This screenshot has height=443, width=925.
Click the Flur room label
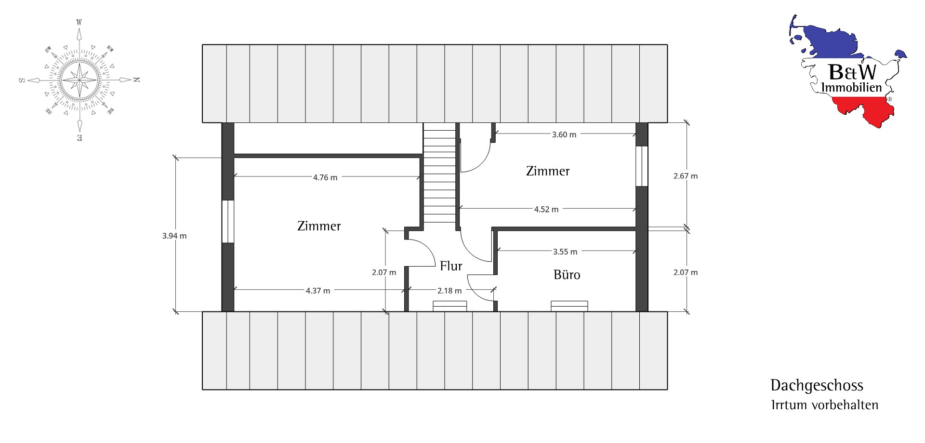click(x=451, y=266)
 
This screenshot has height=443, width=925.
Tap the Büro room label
click(x=567, y=275)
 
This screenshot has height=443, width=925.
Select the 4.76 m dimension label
click(x=325, y=177)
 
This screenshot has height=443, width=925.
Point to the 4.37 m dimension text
click(x=318, y=291)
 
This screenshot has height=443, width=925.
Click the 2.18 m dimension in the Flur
click(x=449, y=291)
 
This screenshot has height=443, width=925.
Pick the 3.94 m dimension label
click(x=174, y=236)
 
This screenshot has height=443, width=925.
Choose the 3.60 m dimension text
click(x=564, y=134)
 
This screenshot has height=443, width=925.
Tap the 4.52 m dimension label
click(x=546, y=209)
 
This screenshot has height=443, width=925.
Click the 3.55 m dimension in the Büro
click(x=565, y=252)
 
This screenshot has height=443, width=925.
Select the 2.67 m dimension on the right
click(x=686, y=176)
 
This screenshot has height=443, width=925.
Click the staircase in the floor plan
click(x=439, y=173)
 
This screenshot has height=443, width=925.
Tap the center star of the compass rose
click(x=79, y=80)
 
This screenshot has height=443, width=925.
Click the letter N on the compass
click(x=137, y=80)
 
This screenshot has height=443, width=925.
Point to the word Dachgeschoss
click(x=817, y=385)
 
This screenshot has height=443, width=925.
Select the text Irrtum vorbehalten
click(x=825, y=405)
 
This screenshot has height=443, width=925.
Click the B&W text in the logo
click(x=853, y=72)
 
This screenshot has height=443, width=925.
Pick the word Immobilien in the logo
click(x=851, y=88)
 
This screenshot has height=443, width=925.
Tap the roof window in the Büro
click(x=569, y=306)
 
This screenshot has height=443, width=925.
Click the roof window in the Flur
click(x=450, y=306)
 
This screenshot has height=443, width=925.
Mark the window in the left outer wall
click(x=228, y=221)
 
